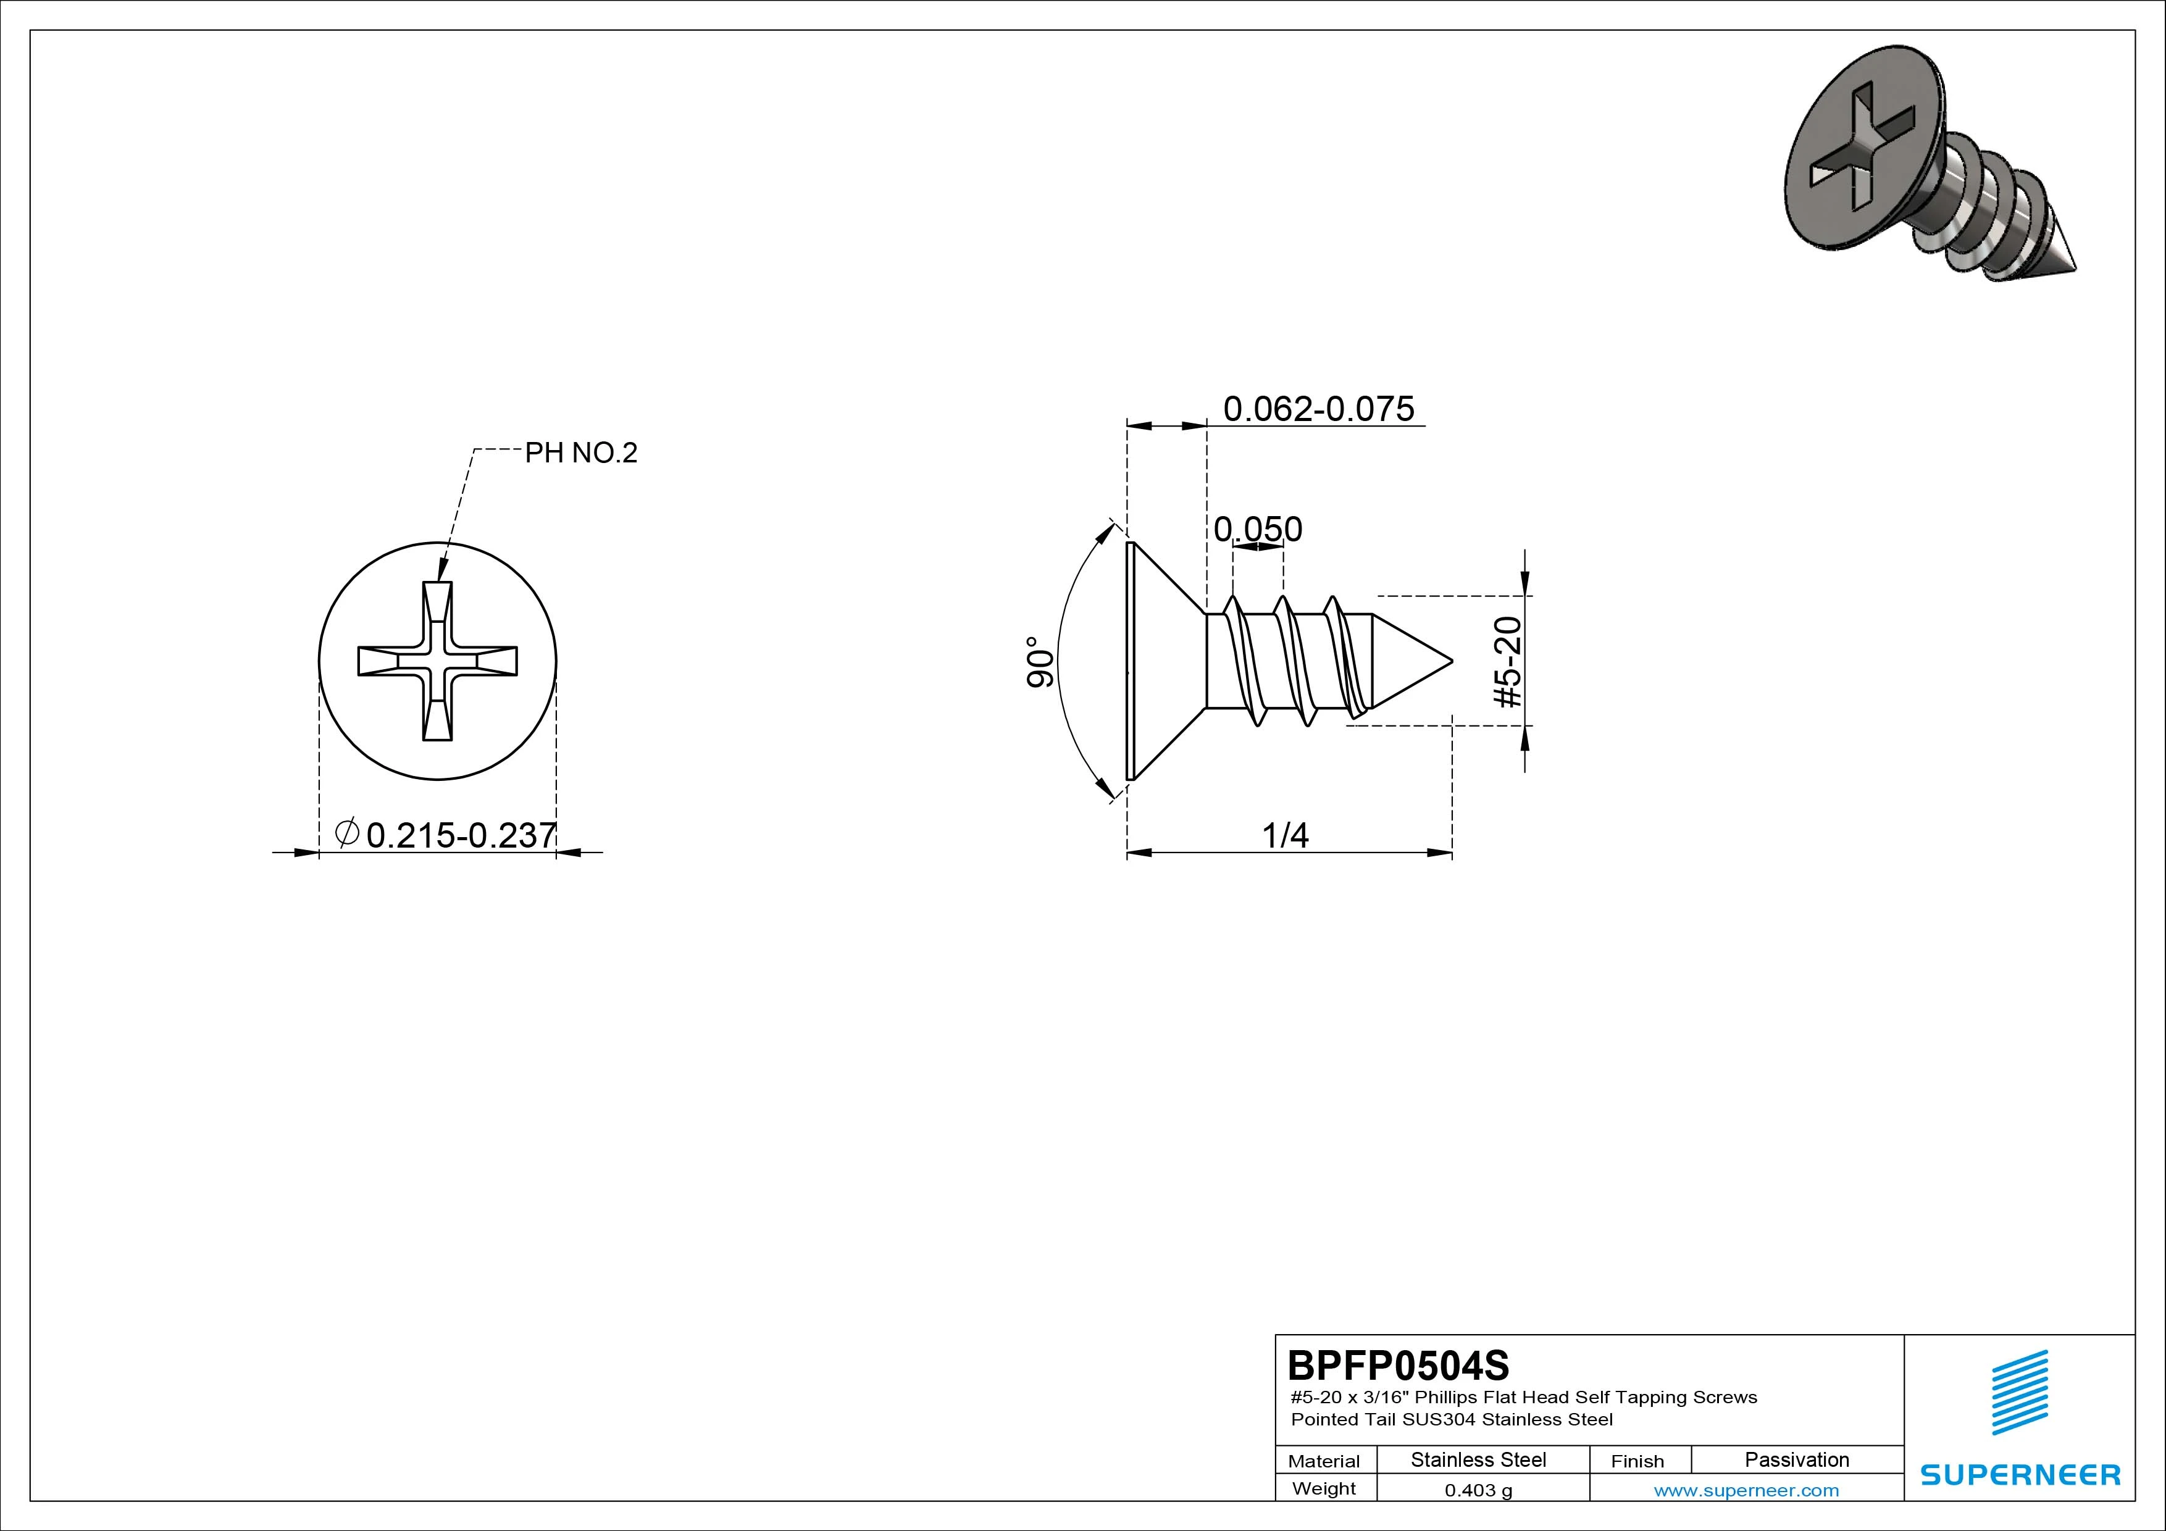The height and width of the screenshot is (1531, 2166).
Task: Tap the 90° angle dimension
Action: tap(1040, 662)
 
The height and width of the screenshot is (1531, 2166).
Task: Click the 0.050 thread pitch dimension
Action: tap(1258, 529)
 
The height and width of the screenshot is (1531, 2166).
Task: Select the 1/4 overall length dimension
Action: tap(1286, 835)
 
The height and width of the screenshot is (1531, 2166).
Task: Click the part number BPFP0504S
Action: tap(1398, 1365)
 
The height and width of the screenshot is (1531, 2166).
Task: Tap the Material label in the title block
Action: tap(1324, 1461)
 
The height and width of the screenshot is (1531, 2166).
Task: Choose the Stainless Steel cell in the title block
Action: tap(1478, 1460)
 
